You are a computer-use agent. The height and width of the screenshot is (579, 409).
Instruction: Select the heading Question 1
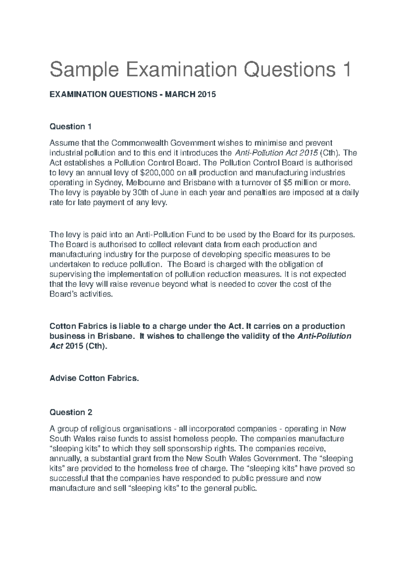pyautogui.click(x=71, y=127)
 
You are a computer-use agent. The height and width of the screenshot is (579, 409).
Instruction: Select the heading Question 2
pyautogui.click(x=71, y=412)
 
